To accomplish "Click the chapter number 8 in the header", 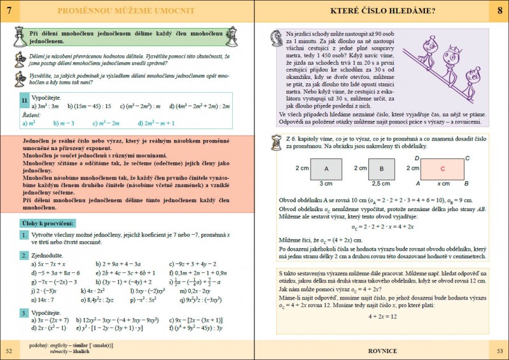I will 499,11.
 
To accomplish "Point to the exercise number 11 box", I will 24,100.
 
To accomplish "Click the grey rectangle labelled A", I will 325,169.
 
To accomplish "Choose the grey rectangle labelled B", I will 380,169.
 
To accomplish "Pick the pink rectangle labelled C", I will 442,169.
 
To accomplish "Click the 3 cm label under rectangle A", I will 325,183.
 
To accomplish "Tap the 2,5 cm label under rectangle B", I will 380,183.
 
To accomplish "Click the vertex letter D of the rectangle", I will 417,157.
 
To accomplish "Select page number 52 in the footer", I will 8,350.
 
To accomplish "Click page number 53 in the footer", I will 500,350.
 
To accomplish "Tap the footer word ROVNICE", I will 384,350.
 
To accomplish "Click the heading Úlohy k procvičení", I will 48,223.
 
